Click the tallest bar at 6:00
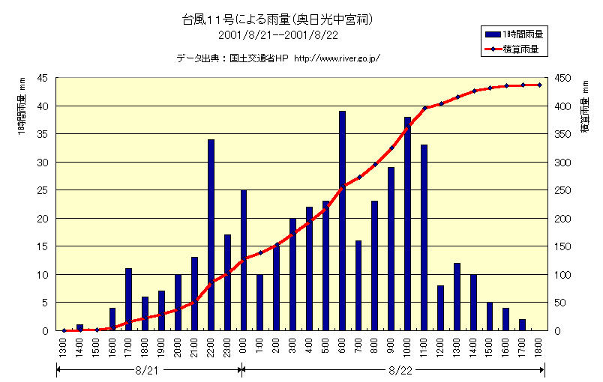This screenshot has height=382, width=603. click(342, 221)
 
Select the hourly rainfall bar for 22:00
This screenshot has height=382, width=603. click(211, 234)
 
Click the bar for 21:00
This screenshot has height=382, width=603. click(195, 294)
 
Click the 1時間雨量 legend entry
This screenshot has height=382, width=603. click(514, 34)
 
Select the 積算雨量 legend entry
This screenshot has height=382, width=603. click(514, 49)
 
